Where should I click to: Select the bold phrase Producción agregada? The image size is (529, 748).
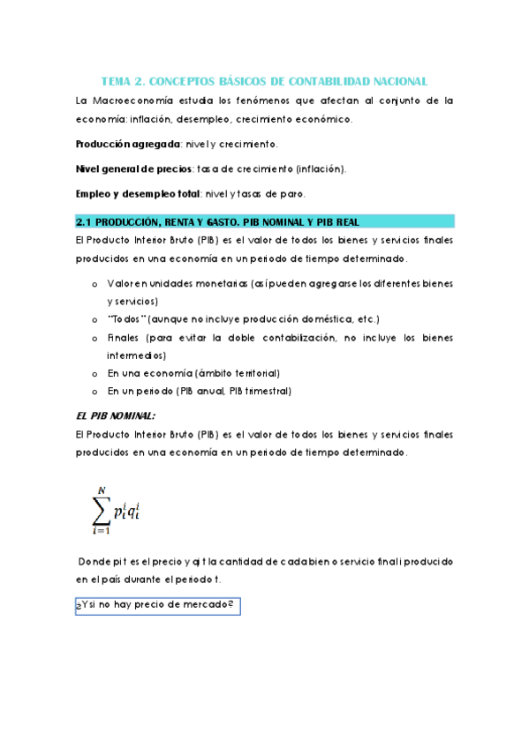pos(127,143)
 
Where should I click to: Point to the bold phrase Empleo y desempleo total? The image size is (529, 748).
pos(140,194)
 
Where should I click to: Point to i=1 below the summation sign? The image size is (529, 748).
pos(101,532)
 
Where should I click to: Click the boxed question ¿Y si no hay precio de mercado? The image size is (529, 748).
pos(157,605)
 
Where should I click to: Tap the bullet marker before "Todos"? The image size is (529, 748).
pos(94,318)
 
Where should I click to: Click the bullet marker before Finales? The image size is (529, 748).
pos(94,337)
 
